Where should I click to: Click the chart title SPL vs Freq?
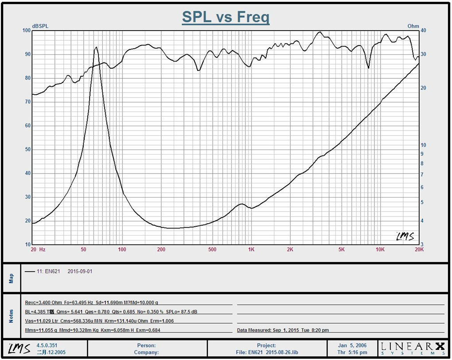coord(226,17)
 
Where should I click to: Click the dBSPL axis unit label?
coord(40,26)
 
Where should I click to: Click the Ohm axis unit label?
coord(413,26)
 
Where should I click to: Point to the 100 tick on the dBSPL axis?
coord(26,31)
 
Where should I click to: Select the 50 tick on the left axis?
coord(27,150)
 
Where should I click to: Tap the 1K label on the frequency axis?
coord(251,250)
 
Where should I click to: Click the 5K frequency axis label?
coord(341,250)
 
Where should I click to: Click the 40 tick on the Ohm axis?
coord(423,31)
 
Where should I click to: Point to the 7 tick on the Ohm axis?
coord(422,174)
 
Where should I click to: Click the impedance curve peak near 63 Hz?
coord(96,47)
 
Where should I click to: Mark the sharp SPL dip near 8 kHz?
coord(368,68)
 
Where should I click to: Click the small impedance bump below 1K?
coord(241,204)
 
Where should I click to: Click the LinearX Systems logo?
coord(413,348)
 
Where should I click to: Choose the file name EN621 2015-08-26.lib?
coord(266,352)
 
